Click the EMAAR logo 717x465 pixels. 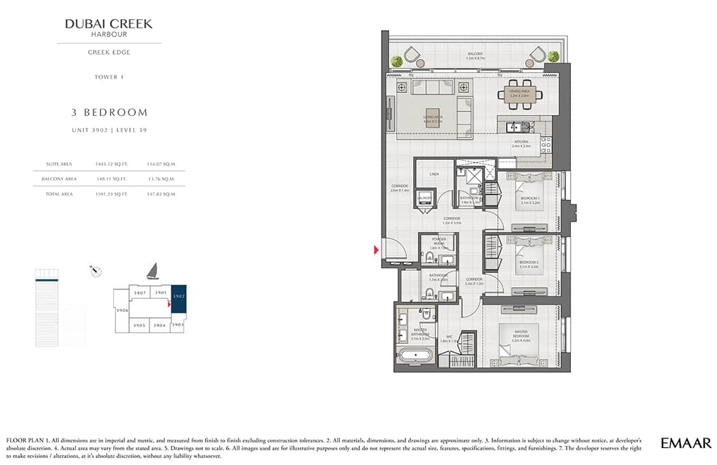(686, 443)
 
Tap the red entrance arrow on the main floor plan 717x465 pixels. (376, 250)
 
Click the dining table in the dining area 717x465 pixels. (520, 94)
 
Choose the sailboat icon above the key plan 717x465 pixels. (152, 271)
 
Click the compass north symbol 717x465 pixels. (96, 271)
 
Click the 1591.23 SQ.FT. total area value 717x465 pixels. (111, 194)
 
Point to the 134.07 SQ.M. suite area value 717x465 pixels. (161, 164)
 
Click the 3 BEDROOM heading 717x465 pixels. (109, 113)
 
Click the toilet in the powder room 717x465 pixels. (428, 258)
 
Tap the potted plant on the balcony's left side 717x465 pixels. (397, 61)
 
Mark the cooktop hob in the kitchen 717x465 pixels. (546, 144)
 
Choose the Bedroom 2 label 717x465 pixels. (529, 263)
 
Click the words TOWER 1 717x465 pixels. (109, 77)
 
